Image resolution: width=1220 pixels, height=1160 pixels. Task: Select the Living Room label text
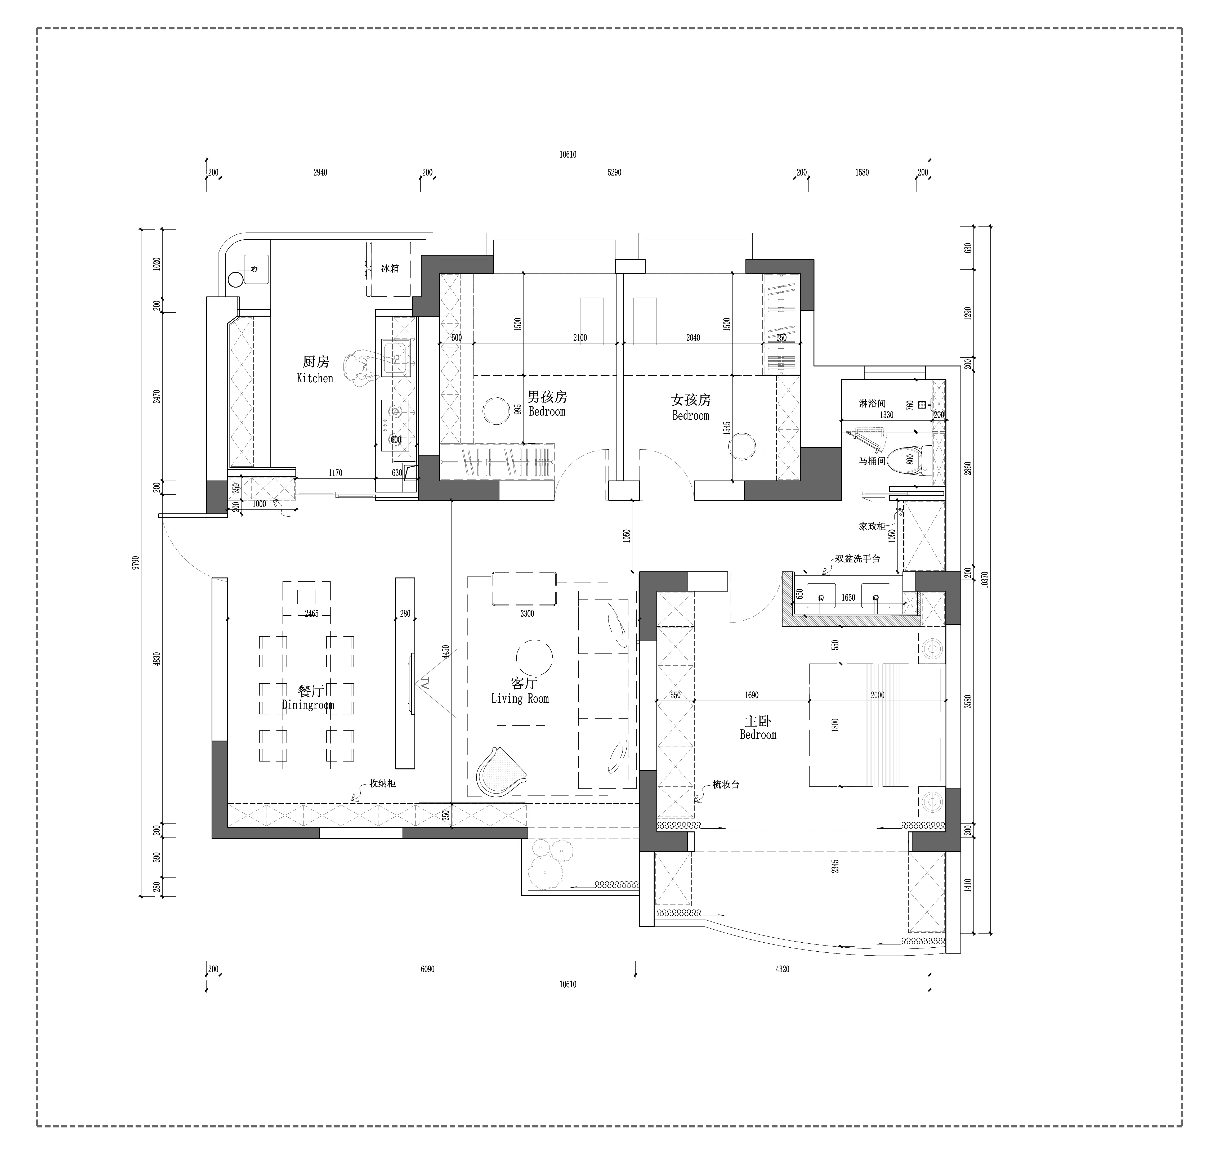click(x=520, y=699)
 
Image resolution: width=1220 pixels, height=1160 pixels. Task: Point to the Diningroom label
click(x=308, y=705)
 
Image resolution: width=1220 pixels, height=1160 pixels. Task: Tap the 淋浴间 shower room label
click(x=872, y=403)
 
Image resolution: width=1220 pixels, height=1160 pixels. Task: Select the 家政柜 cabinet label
click(x=872, y=526)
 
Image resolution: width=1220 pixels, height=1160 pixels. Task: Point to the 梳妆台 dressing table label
click(x=725, y=785)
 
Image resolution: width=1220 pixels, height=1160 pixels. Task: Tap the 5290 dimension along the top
click(x=614, y=173)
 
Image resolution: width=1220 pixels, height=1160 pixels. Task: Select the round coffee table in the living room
click(x=534, y=658)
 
